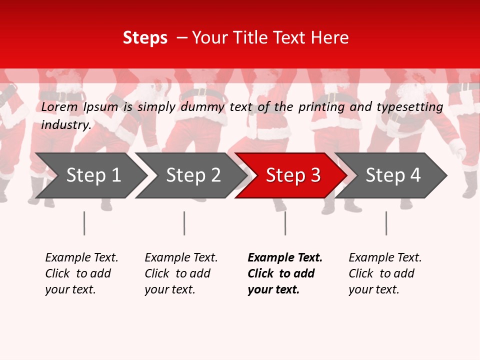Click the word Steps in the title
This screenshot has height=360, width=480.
tap(145, 38)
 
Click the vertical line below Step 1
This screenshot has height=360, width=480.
tap(84, 223)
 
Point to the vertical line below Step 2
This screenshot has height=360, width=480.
tap(184, 223)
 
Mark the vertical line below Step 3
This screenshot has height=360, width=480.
tap(285, 223)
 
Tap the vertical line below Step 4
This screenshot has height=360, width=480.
tap(386, 223)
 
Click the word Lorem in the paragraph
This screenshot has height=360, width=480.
tap(59, 107)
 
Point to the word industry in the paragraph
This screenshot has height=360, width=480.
tap(66, 125)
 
